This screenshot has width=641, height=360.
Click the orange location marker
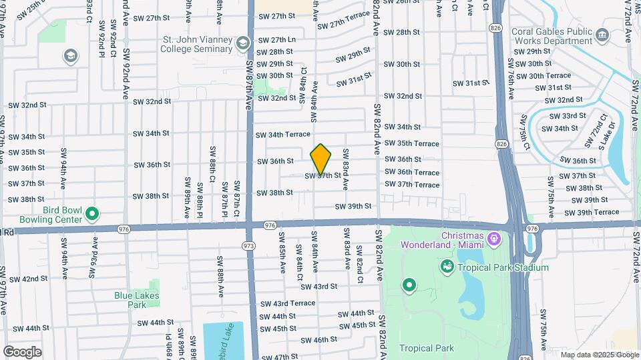(x=321, y=159)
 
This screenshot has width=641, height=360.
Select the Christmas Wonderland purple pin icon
(x=494, y=237)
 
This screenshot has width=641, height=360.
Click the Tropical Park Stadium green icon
(x=447, y=267)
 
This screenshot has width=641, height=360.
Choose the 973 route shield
(x=249, y=246)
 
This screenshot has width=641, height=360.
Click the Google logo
(x=22, y=351)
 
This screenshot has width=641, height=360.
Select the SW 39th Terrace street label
(x=592, y=212)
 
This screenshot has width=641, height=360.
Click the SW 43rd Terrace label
(x=288, y=303)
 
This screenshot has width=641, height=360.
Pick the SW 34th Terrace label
(x=283, y=135)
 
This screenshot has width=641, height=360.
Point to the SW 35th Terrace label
(x=412, y=144)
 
